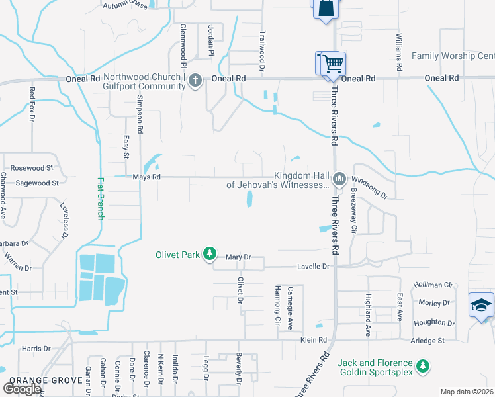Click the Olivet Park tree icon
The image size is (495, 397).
pos(210,253)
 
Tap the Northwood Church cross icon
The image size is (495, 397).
pos(195,81)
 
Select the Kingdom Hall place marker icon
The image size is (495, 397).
pos(339,177)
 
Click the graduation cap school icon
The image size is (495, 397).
pos(481,305)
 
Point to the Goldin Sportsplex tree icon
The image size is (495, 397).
pos(423,365)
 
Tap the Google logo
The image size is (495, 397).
pos(21,389)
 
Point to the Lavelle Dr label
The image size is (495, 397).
pos(316,266)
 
